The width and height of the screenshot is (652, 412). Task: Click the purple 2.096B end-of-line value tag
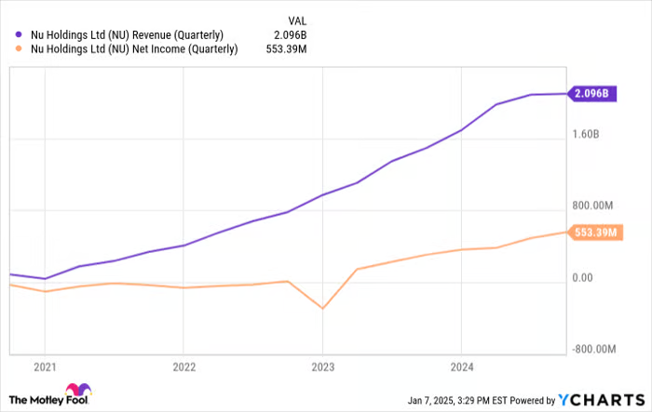tap(592, 94)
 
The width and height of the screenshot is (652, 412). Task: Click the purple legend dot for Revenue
tap(20, 35)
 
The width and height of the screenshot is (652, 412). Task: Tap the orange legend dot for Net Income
tap(20, 50)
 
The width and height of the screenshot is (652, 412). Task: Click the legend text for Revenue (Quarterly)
tap(127, 35)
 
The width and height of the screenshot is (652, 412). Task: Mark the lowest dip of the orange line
tap(322, 308)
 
